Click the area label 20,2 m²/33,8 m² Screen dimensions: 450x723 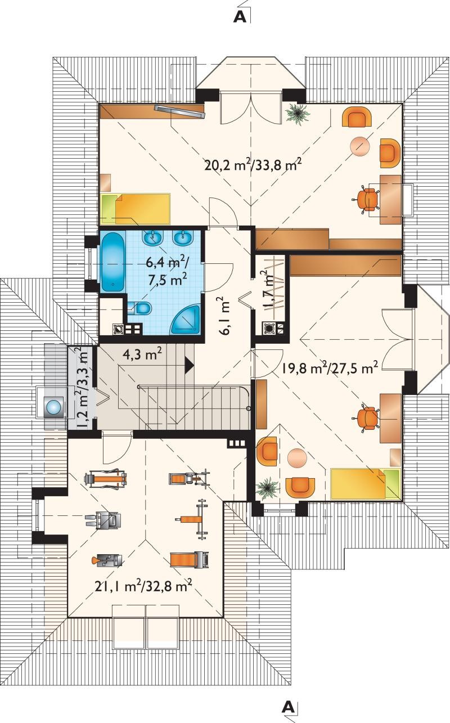coord(253,165)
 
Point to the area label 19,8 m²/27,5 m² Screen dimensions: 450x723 coord(330,367)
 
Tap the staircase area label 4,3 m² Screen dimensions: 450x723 coord(142,354)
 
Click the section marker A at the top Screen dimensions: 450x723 coord(240,17)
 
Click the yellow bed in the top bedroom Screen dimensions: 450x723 coord(135,209)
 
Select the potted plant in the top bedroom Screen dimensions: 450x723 coord(298,113)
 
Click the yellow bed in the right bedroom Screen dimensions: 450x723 coord(366,484)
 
